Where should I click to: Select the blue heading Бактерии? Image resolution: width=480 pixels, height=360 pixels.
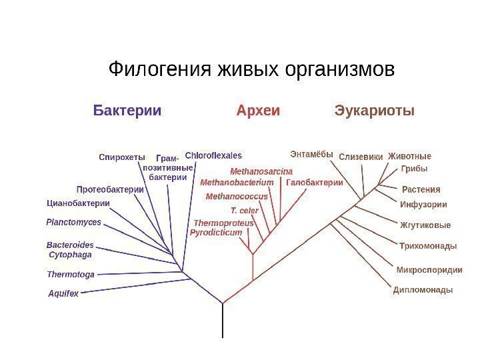tap(127, 110)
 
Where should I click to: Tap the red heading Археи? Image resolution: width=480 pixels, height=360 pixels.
tap(258, 110)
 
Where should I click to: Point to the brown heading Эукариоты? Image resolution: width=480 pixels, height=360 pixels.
tap(374, 110)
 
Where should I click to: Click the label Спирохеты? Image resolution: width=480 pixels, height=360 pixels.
tap(122, 157)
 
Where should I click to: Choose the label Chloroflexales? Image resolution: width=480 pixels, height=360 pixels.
tap(213, 155)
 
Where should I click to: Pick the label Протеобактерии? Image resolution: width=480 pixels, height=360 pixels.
tap(111, 189)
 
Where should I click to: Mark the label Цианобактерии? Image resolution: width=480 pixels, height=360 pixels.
tap(78, 203)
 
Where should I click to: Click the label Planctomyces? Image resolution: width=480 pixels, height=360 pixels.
tap(74, 222)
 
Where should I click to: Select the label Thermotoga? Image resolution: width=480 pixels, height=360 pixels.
tap(71, 274)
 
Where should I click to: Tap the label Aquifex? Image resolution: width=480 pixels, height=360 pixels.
tap(64, 293)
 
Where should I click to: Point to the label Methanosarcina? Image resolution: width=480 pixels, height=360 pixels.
tap(261, 171)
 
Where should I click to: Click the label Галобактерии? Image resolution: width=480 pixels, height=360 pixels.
tap(315, 182)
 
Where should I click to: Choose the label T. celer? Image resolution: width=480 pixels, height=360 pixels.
tap(244, 210)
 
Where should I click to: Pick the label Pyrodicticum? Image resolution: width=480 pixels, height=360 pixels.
tap(216, 233)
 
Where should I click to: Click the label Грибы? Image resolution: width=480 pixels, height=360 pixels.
tap(414, 169)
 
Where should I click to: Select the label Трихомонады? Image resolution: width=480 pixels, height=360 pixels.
tap(428, 246)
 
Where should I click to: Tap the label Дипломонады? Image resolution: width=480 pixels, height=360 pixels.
tap(423, 290)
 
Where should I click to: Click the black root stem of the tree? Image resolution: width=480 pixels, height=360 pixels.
tap(223, 321)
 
